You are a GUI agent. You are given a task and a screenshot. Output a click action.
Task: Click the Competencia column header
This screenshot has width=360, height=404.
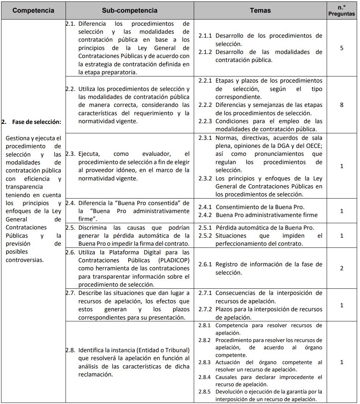pos(33,11)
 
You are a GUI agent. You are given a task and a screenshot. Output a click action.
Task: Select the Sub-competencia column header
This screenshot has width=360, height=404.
pos(130,11)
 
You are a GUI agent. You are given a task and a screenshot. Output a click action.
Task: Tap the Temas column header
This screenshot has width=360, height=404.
pos(260,11)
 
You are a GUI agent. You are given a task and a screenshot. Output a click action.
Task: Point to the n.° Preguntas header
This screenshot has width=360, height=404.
pos(342,11)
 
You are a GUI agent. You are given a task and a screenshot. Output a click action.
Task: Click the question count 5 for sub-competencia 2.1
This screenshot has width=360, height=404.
pos(342,48)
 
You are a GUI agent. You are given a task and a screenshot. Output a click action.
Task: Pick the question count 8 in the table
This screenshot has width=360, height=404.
pos(342,105)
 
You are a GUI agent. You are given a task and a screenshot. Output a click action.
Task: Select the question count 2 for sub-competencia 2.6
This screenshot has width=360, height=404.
pos(342,268)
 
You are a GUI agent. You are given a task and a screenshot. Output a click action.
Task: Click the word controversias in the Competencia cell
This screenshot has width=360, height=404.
pos(25,260)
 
